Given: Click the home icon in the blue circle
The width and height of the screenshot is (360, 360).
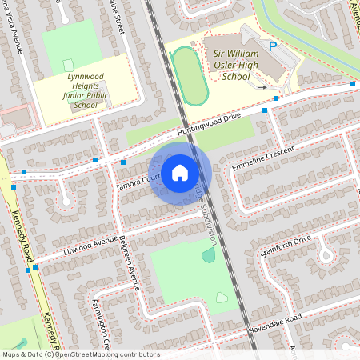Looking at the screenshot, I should pos(180,173).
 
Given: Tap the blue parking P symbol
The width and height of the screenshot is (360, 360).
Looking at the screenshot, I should pos(273,47).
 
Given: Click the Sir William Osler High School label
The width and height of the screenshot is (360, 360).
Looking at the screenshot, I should pos(238,63).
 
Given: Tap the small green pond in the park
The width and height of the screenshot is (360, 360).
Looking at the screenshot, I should pos(209,256).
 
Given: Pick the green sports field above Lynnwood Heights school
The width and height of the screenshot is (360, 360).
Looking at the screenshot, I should pos(71,47).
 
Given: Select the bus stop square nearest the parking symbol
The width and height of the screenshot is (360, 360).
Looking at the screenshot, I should pos(275,98).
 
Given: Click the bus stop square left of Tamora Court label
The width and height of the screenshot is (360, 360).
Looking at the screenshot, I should pos(123,162).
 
